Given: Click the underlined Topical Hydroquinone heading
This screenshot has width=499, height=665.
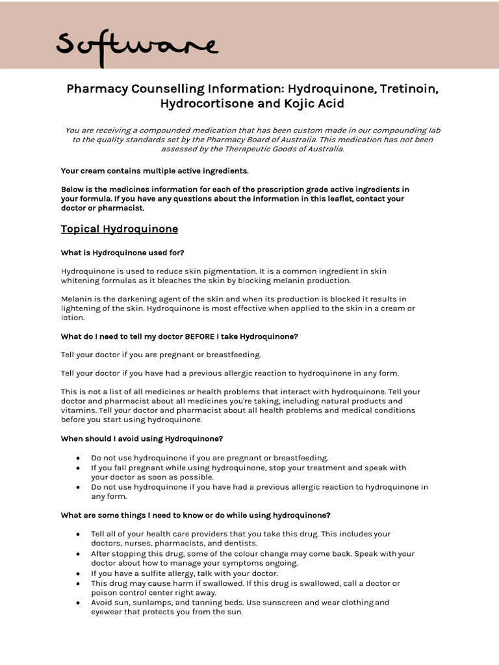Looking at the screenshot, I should pyautogui.click(x=120, y=229).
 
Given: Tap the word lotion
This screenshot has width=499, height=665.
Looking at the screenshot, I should pyautogui.click(x=72, y=318).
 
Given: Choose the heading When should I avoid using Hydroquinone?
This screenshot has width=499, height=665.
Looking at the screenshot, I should pyautogui.click(x=142, y=438).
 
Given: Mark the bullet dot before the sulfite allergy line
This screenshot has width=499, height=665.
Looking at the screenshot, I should pyautogui.click(x=79, y=574).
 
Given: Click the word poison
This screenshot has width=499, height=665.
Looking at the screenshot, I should pyautogui.click(x=104, y=592).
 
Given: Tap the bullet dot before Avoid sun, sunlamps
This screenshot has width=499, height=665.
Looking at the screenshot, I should pyautogui.click(x=79, y=603).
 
